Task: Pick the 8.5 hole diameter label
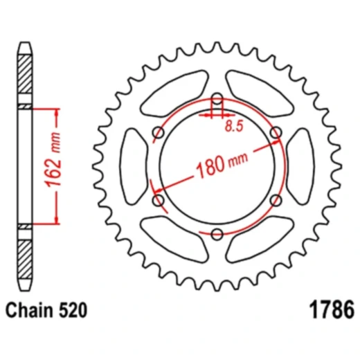(x=236, y=126)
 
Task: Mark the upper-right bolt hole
(x=275, y=132)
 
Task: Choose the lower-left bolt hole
(x=158, y=200)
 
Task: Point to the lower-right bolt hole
(x=275, y=200)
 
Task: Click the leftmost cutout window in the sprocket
(x=133, y=166)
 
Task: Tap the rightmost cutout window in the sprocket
(x=299, y=166)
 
